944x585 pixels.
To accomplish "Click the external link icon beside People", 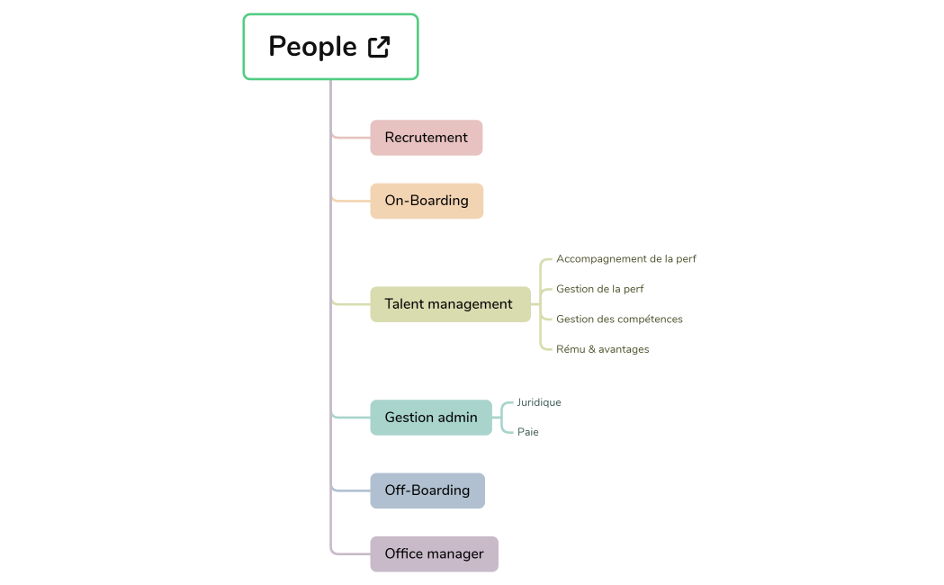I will [379, 47].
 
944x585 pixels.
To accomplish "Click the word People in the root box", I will [312, 47].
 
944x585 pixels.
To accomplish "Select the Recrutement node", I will [426, 138].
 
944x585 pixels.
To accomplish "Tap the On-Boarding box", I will [427, 201].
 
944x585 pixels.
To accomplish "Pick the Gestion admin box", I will [431, 418].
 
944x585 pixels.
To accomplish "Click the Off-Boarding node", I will [427, 490].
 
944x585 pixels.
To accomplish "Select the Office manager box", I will [434, 553].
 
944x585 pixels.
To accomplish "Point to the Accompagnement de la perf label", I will [625, 259].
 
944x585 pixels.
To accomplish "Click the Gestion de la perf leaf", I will [599, 289].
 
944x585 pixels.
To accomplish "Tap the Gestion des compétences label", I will [619, 319].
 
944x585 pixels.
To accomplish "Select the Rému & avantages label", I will [602, 349].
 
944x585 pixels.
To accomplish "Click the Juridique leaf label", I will [538, 402].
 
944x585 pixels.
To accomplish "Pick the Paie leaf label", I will [527, 432].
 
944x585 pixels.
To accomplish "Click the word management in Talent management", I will [470, 304].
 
